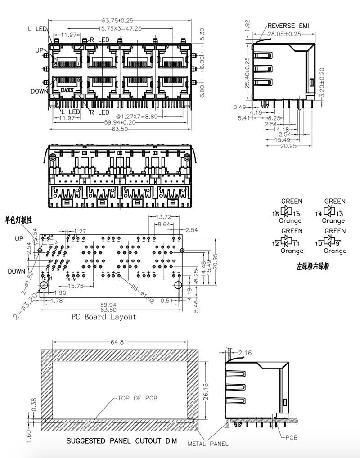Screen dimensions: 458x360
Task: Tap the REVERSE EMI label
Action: (x=288, y=26)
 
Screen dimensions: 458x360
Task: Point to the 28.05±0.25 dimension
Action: (x=284, y=34)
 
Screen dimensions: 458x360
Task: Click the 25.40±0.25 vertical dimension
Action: (x=247, y=72)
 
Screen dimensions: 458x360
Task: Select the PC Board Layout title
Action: (x=103, y=317)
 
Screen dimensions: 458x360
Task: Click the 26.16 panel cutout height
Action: (x=206, y=386)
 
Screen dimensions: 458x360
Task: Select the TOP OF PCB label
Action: (x=138, y=398)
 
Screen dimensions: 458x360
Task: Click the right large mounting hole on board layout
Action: (x=178, y=285)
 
